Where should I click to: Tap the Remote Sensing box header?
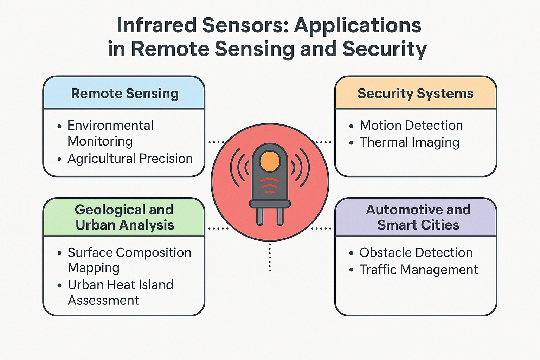pyautogui.click(x=124, y=94)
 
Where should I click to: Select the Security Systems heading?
pyautogui.click(x=416, y=94)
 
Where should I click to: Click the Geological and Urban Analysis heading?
pyautogui.click(x=124, y=217)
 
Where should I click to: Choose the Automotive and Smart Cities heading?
pyautogui.click(x=418, y=217)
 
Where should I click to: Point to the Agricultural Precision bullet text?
pyautogui.click(x=130, y=159)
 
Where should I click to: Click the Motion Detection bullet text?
pyautogui.click(x=411, y=125)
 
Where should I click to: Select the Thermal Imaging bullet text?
pyautogui.click(x=409, y=142)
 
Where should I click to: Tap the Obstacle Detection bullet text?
pyautogui.click(x=416, y=252)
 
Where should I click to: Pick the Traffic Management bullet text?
pyautogui.click(x=419, y=270)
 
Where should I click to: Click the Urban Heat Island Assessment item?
pyautogui.click(x=120, y=292)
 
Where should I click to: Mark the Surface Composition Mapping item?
pyautogui.click(x=129, y=260)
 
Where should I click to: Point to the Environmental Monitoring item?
pyautogui.click(x=110, y=133)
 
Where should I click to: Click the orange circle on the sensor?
pyautogui.click(x=270, y=162)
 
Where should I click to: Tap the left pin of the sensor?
pyautogui.click(x=260, y=216)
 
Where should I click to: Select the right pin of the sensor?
pyautogui.click(x=280, y=216)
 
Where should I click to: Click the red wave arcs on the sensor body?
pyautogui.click(x=270, y=186)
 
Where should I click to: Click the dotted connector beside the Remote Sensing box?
pyautogui.click(x=216, y=142)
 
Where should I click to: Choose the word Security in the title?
pyautogui.click(x=384, y=49)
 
